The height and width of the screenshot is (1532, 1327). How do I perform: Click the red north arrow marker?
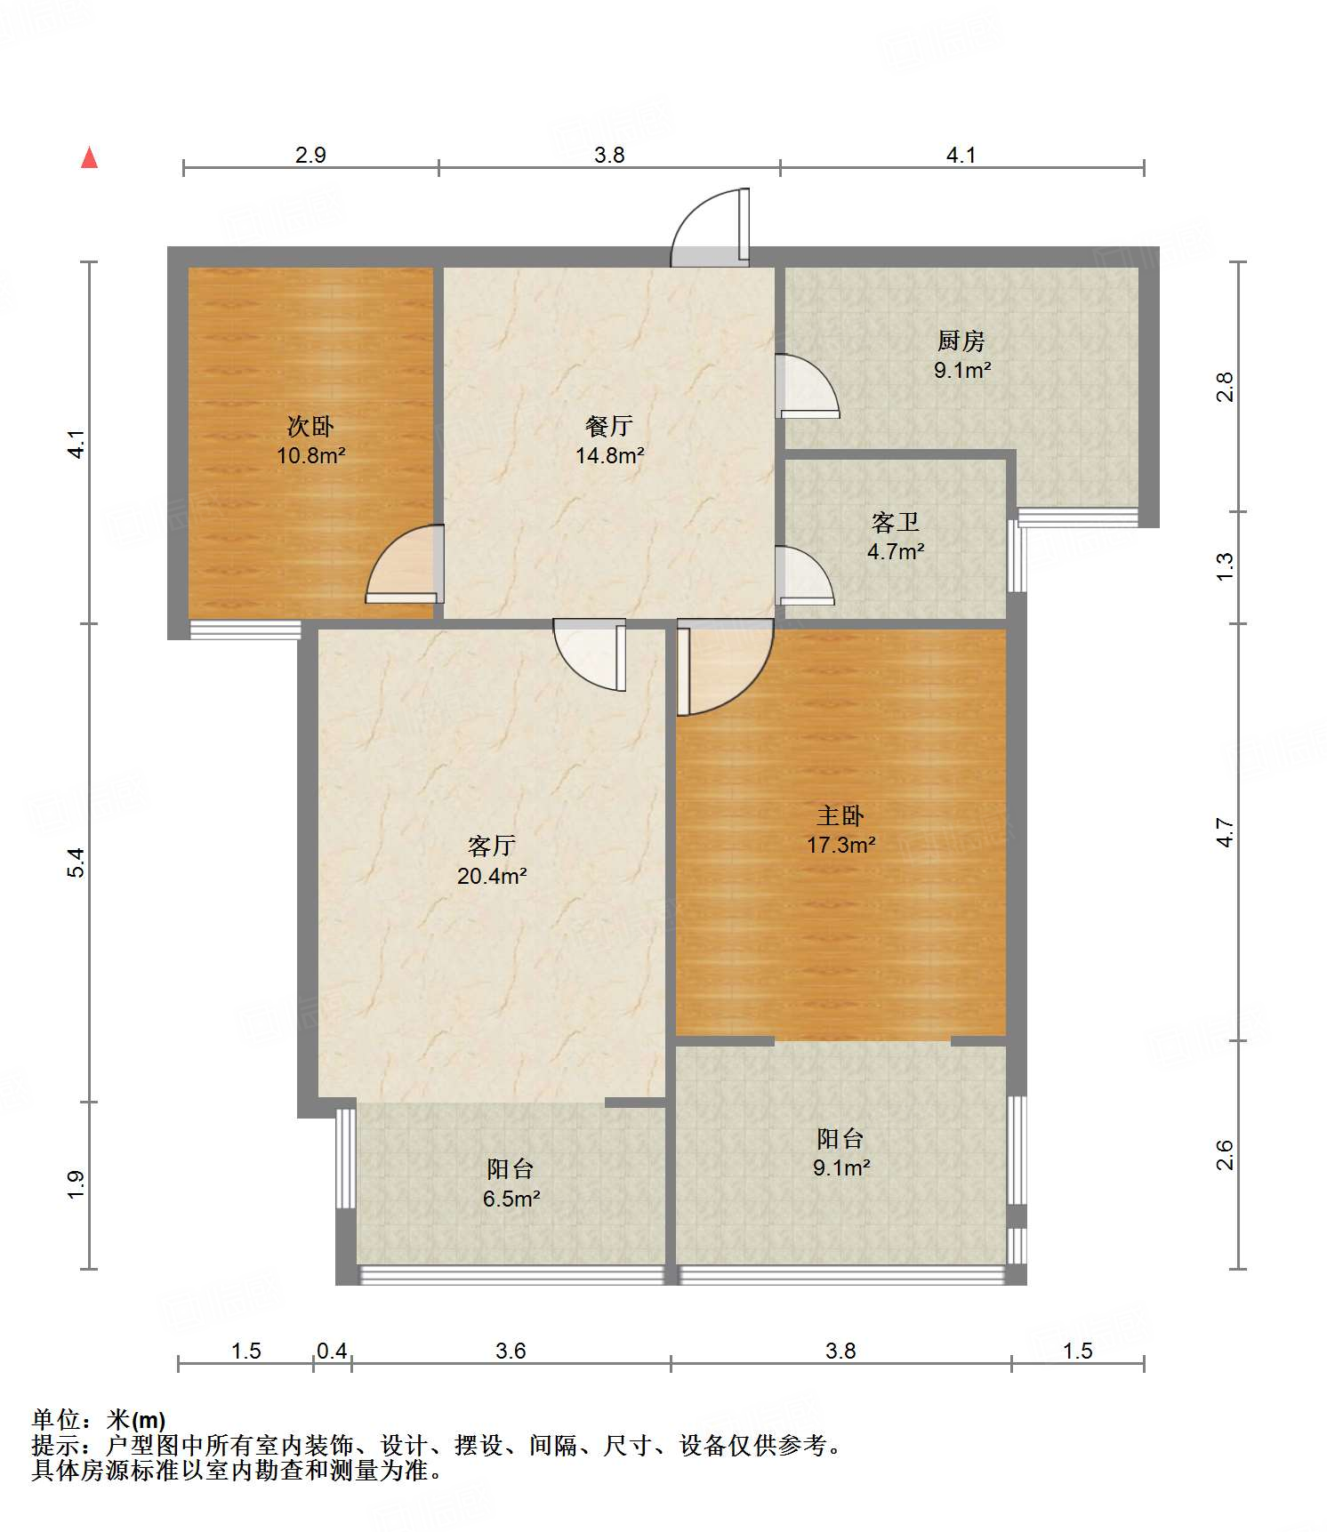tap(89, 157)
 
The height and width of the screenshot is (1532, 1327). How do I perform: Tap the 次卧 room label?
tap(310, 427)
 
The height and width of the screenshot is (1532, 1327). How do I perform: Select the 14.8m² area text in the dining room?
tap(610, 456)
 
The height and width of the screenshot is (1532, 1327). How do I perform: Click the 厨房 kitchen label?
tap(961, 341)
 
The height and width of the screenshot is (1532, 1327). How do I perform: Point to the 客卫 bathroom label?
tap(896, 523)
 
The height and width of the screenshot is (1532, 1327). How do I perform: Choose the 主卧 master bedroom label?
tap(840, 815)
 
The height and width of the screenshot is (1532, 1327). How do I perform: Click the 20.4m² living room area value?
tap(492, 876)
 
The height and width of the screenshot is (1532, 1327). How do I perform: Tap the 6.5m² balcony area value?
tap(511, 1199)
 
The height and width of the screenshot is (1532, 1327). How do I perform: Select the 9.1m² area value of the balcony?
tap(841, 1167)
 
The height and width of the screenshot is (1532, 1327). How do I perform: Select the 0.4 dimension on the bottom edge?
tap(332, 1351)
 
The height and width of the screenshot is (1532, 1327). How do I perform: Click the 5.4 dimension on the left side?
tap(77, 863)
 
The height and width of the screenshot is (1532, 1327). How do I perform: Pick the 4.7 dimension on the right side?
tap(1226, 832)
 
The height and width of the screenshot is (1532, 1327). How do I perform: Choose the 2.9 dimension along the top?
tap(310, 155)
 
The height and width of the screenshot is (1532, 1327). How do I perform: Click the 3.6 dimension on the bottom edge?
tap(511, 1351)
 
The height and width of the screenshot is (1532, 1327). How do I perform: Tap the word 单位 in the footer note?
tap(56, 1419)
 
